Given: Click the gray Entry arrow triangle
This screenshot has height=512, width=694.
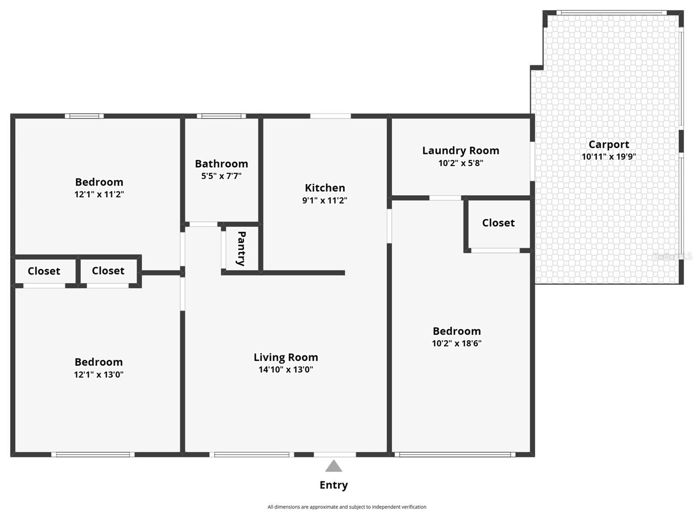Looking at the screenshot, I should pos(334,466).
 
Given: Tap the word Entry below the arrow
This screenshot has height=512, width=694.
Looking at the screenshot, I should pos(334,485).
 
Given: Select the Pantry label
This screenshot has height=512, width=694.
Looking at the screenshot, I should pos(241,248).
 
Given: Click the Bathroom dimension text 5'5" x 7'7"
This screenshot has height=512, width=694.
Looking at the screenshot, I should pos(221,176).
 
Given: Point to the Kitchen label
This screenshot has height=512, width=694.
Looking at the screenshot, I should pos(325,188).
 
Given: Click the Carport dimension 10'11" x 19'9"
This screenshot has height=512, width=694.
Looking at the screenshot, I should pos(609,157).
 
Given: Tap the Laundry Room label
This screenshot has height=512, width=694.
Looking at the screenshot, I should pos(461,150).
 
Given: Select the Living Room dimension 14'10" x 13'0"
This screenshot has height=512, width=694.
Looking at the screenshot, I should pos(286,370).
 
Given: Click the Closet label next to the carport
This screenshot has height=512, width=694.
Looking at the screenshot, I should pos(498,223).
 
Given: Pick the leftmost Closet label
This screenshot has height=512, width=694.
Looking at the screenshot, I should pos(44,271).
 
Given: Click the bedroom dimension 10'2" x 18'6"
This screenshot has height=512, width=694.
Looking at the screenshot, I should pos(457,343).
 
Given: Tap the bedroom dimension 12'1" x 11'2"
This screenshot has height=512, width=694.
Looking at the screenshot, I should pos(99,194).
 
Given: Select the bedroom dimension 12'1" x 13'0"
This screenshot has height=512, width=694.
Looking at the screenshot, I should pos(98,375).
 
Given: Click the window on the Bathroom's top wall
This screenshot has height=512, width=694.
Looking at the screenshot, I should pos(221,116).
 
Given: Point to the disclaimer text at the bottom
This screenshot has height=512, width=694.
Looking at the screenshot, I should pos(347,507).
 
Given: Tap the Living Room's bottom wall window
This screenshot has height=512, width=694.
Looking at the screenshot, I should pos(252,455).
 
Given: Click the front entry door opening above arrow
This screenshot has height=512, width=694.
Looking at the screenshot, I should pos(334,455).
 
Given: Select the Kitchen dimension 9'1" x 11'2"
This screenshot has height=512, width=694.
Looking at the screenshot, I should pos(324,200).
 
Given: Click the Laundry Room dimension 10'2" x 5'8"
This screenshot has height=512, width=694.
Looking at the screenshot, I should pos(461,163).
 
